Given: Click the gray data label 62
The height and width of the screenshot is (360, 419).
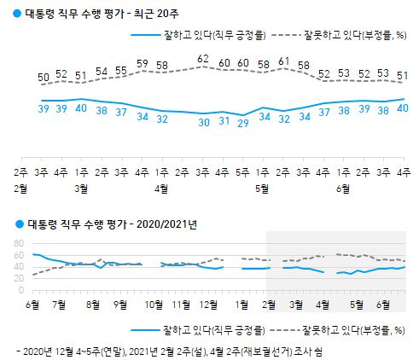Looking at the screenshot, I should pyautogui.click(x=203, y=58).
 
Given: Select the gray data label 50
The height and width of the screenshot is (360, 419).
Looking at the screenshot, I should pyautogui.click(x=43, y=78).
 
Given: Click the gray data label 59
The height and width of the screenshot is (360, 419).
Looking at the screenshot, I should pyautogui.click(x=143, y=63).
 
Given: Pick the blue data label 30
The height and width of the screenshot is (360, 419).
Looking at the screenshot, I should pyautogui.click(x=203, y=123).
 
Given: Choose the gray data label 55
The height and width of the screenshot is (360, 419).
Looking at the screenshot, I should pyautogui.click(x=122, y=71).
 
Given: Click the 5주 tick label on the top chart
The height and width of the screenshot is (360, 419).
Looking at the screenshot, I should pyautogui.click(x=243, y=171).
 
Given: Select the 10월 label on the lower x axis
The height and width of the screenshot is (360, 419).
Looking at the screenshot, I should pyautogui.click(x=154, y=304).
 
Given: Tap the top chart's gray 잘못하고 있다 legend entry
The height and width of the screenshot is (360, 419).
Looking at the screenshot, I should pyautogui.click(x=336, y=35).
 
